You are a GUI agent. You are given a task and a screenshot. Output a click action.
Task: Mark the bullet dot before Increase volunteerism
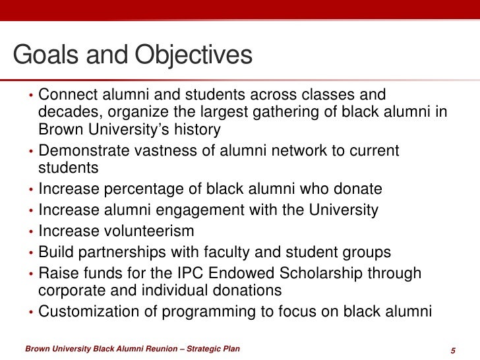click(x=31, y=233)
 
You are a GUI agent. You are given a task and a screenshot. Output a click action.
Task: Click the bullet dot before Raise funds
click(x=31, y=275)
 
